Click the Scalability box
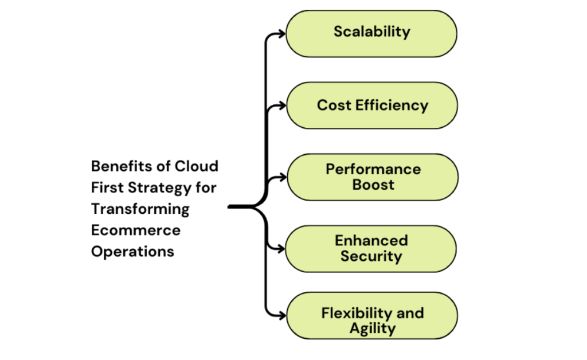click(371, 33)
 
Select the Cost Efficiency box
click(372, 105)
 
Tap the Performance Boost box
click(372, 177)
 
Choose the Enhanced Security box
click(371, 249)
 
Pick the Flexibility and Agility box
click(372, 320)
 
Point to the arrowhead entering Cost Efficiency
click(281, 105)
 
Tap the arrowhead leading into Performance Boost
click(281, 177)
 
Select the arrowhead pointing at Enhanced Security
click(281, 249)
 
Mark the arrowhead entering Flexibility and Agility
click(281, 316)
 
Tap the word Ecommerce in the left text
click(135, 230)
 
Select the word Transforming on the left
click(140, 209)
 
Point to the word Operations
click(132, 252)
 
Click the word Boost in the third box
click(373, 185)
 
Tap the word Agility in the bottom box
click(373, 328)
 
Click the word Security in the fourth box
click(371, 256)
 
